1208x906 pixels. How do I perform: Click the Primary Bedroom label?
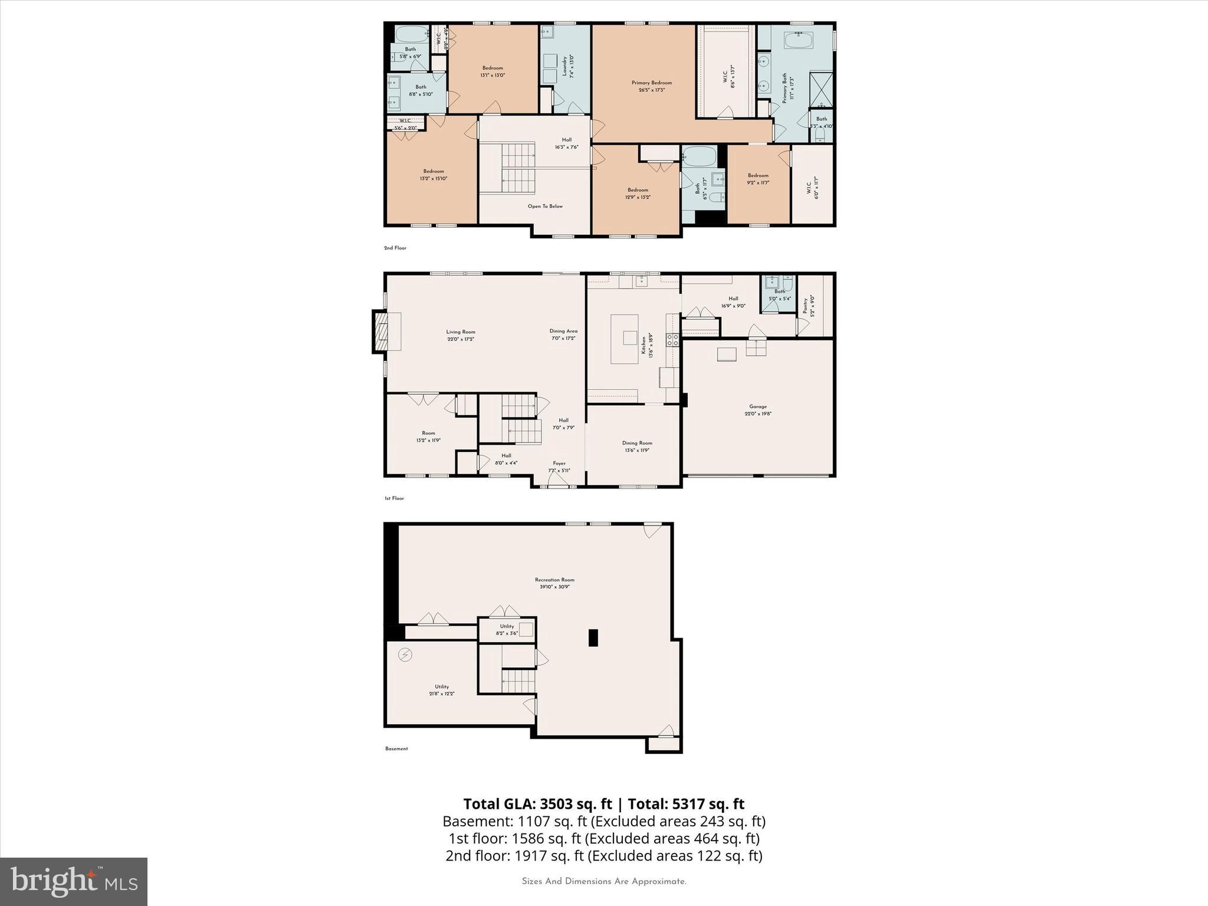point(651,86)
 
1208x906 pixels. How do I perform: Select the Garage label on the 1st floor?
point(758,410)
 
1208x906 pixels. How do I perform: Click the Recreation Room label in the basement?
point(554,583)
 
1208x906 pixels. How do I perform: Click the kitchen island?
point(624,339)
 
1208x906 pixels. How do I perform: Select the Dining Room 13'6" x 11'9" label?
point(636,447)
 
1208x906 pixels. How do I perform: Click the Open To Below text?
point(545,206)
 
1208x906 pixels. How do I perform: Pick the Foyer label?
point(559,467)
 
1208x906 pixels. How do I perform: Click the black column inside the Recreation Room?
point(593,638)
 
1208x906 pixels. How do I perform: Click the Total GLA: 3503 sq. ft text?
point(538,804)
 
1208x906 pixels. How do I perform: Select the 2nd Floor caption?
point(395,248)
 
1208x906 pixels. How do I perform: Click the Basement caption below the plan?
point(396,749)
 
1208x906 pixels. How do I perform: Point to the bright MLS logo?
point(74,881)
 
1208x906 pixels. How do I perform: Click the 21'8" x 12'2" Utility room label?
point(442,690)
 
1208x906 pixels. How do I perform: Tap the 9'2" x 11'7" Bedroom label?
point(758,179)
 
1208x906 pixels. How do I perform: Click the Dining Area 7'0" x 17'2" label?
point(563,334)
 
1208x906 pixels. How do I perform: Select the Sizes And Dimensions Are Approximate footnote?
point(604,881)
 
